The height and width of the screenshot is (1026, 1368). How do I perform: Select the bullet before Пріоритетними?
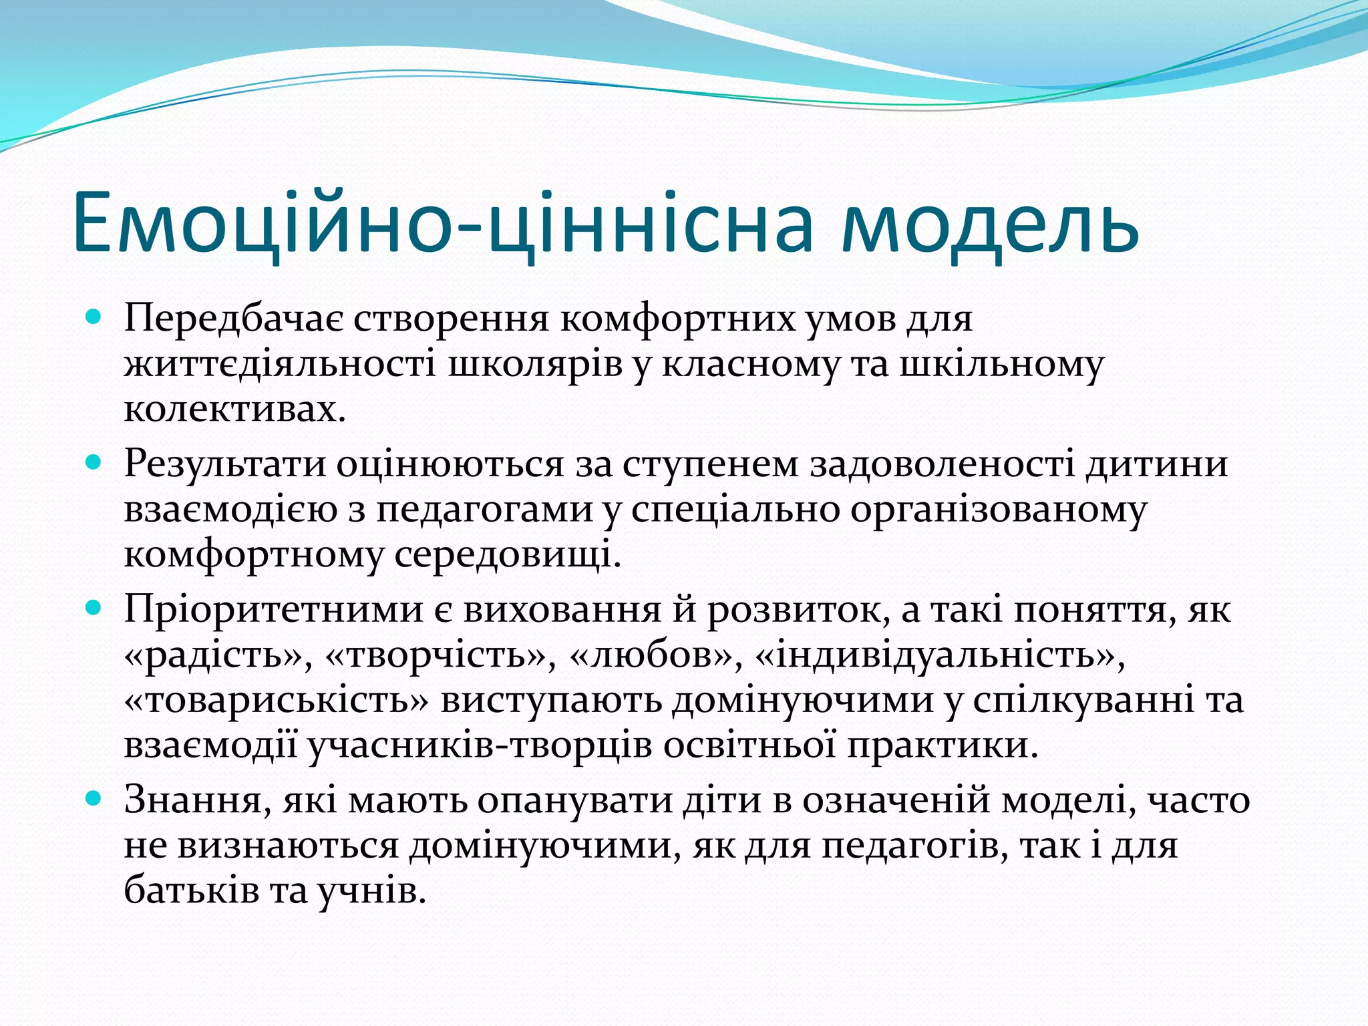click(x=94, y=607)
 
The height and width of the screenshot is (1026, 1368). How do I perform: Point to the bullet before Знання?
click(x=94, y=798)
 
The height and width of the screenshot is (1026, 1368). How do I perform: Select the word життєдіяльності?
click(x=279, y=365)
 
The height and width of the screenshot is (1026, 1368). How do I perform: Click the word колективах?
click(x=234, y=409)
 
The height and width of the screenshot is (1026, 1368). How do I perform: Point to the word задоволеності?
click(x=943, y=464)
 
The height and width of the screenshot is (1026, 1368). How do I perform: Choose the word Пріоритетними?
click(x=274, y=610)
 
